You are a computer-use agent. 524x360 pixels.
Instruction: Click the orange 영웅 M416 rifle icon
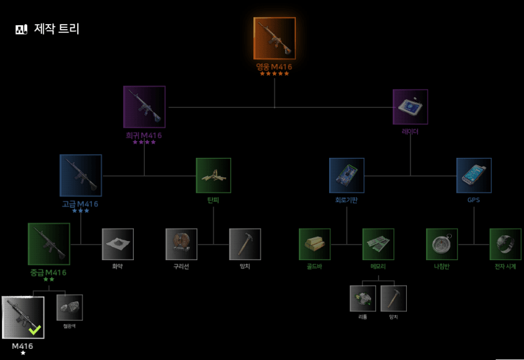[x=274, y=38]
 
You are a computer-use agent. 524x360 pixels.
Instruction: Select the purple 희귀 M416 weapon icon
[x=144, y=107]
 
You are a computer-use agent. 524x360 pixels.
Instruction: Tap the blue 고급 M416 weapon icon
[x=81, y=175]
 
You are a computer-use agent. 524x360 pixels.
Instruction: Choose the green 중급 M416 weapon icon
[x=49, y=243]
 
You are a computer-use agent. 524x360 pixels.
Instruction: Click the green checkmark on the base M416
[x=35, y=330]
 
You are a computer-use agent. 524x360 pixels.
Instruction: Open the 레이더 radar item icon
[x=410, y=107]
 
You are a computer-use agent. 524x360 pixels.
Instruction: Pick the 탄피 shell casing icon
[x=213, y=175]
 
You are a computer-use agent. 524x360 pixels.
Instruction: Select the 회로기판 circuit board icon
[x=346, y=175]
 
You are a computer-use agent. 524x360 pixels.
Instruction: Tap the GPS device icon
[x=473, y=175]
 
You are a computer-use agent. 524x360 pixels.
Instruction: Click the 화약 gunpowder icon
[x=118, y=244]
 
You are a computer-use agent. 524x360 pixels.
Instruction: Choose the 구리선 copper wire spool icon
[x=181, y=244]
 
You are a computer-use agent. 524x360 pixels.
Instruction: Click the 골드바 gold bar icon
[x=314, y=244]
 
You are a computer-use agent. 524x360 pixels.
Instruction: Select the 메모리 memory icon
[x=378, y=244]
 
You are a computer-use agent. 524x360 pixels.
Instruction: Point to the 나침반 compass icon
[x=441, y=244]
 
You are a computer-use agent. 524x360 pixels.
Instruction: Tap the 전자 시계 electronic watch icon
[x=505, y=244]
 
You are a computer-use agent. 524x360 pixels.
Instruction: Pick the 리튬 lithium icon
[x=362, y=298]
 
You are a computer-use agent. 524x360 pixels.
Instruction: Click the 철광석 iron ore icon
[x=70, y=307]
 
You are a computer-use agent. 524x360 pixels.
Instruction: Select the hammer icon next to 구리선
[x=245, y=244]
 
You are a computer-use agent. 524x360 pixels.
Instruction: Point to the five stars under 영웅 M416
[x=274, y=73]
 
